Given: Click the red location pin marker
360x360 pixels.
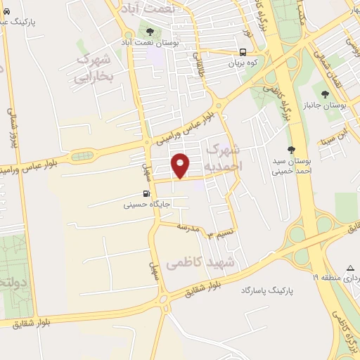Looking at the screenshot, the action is (181, 166).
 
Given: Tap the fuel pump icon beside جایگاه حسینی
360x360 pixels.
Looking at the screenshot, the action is (146, 195).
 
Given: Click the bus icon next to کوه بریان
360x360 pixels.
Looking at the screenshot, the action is (243, 51).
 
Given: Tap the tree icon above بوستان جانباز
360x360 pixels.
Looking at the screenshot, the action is (325, 94).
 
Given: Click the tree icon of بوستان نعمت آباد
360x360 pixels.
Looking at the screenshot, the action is (150, 30).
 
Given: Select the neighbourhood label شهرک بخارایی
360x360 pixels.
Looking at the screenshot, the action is (102, 69).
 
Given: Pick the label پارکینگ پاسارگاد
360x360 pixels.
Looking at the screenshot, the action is (266, 290).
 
